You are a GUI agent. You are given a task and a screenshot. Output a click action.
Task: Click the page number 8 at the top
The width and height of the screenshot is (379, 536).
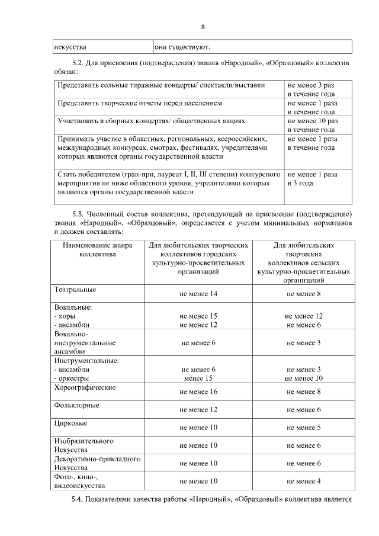(203, 27)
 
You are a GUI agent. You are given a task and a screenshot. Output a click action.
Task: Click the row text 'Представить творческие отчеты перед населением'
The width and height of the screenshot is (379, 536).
(140, 103)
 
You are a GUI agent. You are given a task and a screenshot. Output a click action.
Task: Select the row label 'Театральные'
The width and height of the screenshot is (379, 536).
(75, 290)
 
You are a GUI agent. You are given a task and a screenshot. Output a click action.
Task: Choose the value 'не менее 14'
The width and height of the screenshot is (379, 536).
(198, 294)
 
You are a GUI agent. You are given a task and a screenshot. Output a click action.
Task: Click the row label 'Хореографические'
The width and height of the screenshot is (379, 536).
(85, 387)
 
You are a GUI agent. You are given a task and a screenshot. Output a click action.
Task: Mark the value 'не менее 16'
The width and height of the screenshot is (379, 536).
(198, 392)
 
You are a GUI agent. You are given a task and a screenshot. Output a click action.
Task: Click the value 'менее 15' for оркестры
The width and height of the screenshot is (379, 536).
(198, 378)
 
